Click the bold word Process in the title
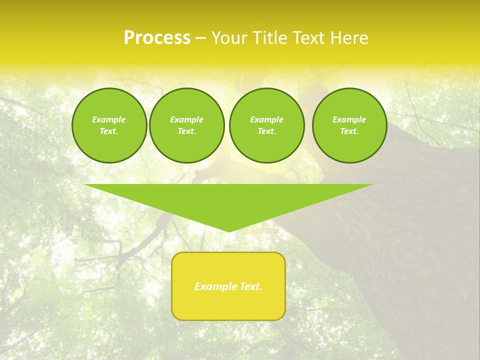point(157,38)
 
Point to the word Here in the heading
point(348,38)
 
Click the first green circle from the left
point(109,125)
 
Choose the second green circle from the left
point(187,125)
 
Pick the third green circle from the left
point(267,125)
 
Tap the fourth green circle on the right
point(349,125)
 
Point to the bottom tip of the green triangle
point(229,231)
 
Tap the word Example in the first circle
point(109,119)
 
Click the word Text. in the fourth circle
point(349,131)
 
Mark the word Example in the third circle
point(267,119)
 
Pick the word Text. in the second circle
point(187,131)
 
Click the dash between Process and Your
point(201,38)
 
